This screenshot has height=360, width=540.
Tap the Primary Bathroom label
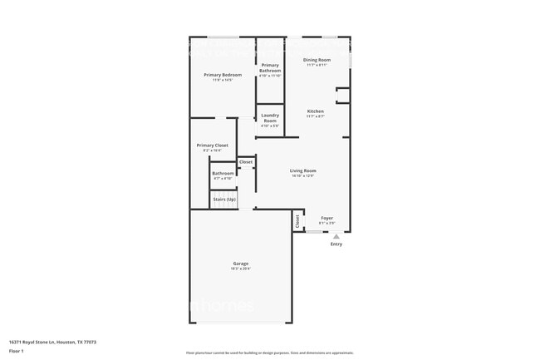point(270,68)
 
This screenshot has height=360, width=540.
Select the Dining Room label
point(317,60)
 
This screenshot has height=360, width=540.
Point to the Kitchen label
point(316,111)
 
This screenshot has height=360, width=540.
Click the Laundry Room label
point(270,118)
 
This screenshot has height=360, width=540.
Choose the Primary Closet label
point(212,145)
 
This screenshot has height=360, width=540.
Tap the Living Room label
point(303,170)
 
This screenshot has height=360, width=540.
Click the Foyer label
point(326,218)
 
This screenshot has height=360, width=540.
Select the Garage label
point(240,264)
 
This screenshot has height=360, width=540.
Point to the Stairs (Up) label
point(224,200)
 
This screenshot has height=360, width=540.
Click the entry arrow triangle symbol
point(336,236)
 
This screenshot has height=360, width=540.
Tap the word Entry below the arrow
point(336,244)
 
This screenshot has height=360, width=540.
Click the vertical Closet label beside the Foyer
point(297,222)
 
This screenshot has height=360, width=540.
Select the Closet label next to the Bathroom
point(246,162)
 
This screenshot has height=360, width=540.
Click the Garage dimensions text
point(240,269)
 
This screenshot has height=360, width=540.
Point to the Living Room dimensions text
point(303,175)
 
